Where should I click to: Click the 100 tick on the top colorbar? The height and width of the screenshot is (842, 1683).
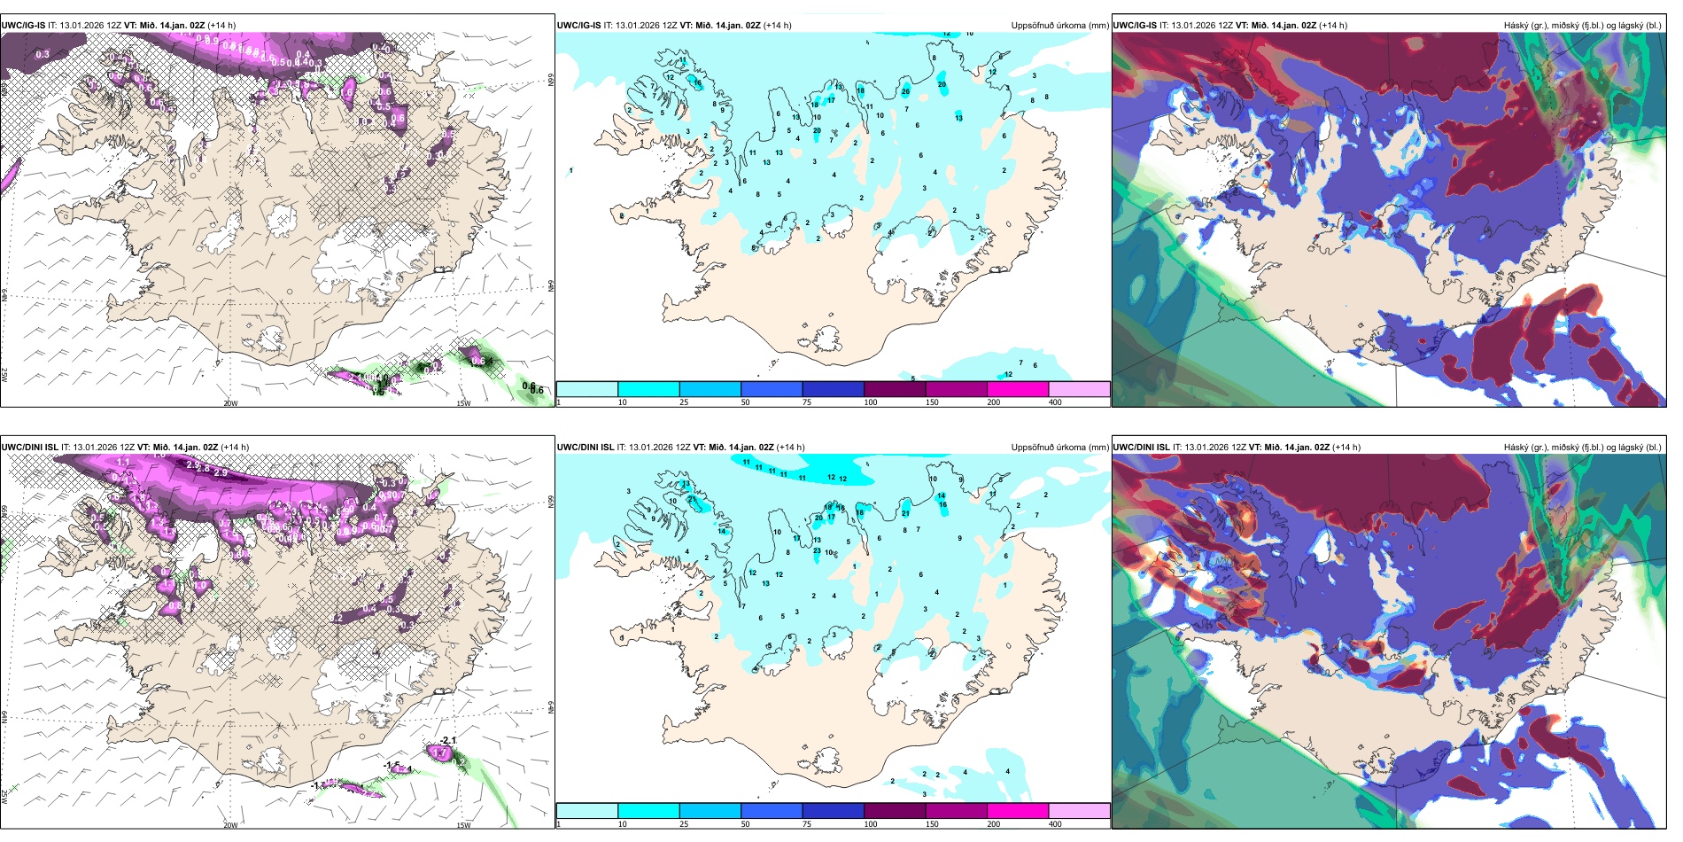(x=871, y=402)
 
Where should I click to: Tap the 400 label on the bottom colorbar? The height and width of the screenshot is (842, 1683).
(x=1055, y=824)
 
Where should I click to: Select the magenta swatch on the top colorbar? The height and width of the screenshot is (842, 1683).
(x=1017, y=389)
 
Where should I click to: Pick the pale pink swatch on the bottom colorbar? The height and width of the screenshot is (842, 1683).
(x=1079, y=811)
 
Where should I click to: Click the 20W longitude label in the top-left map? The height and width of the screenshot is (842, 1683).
(x=230, y=403)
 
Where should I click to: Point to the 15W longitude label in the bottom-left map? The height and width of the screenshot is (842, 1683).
(x=463, y=825)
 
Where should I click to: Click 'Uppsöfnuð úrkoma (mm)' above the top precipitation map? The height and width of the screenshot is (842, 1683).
(x=1059, y=26)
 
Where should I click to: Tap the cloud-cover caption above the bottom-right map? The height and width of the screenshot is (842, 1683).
(x=1582, y=448)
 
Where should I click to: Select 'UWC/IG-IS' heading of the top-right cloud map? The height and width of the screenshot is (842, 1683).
(x=1135, y=26)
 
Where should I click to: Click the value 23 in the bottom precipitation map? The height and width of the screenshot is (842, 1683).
(x=817, y=550)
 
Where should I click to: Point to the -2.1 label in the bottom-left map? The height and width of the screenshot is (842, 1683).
(x=448, y=740)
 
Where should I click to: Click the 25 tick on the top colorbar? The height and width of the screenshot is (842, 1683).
(x=684, y=402)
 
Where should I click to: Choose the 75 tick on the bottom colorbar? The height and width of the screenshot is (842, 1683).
(x=807, y=824)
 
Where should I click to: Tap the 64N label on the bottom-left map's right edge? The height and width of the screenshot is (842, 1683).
(x=549, y=706)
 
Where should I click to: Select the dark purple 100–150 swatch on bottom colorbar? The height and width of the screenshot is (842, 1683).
(x=895, y=811)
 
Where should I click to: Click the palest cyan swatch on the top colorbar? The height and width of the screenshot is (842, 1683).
(x=587, y=389)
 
